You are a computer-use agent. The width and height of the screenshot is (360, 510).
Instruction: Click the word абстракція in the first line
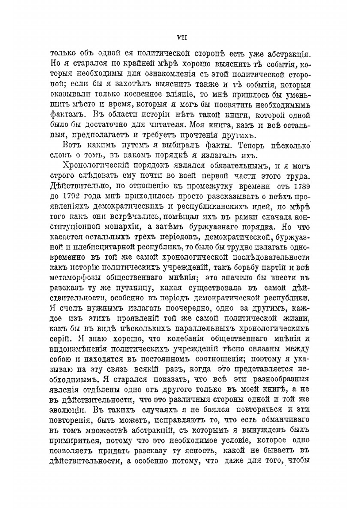(289, 54)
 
